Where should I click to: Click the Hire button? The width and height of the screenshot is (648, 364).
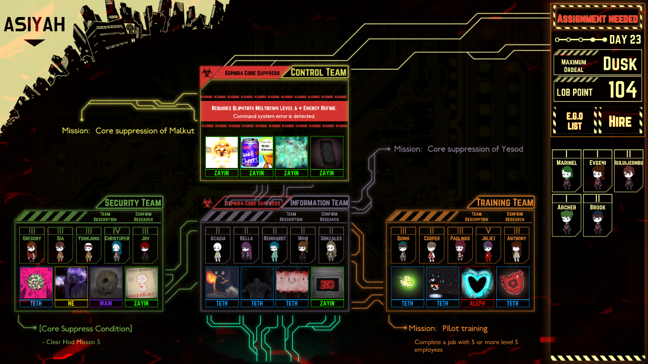(620, 122)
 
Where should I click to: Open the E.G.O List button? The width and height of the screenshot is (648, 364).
(574, 121)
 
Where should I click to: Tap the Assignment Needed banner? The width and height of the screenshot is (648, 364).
(597, 19)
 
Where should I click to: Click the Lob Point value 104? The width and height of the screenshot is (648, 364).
(622, 90)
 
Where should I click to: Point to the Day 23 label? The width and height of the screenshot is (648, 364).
(625, 40)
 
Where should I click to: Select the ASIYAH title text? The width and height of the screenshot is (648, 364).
(34, 25)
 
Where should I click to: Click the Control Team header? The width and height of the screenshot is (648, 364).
(318, 73)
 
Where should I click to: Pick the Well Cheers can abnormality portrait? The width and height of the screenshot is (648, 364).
(257, 153)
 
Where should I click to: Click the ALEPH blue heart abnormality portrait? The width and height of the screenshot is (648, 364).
(478, 283)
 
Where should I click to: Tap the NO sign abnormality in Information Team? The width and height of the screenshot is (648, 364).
(327, 283)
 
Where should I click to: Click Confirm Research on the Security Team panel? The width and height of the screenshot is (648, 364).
(143, 217)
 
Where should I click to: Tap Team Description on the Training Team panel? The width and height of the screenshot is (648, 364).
(476, 217)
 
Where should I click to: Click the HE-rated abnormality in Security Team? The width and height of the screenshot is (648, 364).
(71, 283)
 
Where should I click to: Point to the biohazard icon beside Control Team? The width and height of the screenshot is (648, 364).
(206, 73)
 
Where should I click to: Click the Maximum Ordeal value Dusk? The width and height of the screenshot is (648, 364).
(620, 64)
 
